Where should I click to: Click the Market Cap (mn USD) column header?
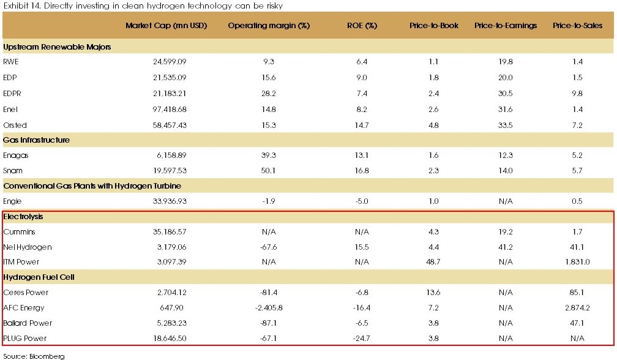click(x=166, y=26)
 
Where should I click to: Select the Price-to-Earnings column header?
click(x=506, y=26)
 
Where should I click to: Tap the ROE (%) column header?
click(x=362, y=26)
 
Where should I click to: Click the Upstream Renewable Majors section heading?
click(x=57, y=47)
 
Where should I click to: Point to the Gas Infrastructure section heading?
click(x=36, y=140)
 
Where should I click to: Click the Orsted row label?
click(x=15, y=125)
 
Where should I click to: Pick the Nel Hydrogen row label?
click(x=28, y=247)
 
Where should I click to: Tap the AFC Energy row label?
click(x=24, y=308)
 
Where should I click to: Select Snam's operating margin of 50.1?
click(x=269, y=171)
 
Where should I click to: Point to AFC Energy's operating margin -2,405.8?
click(x=269, y=308)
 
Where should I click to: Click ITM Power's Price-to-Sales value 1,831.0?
click(x=577, y=262)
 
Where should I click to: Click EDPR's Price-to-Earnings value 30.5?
click(x=506, y=94)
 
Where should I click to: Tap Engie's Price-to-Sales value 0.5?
click(x=577, y=201)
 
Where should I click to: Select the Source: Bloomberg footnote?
click(x=34, y=355)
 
